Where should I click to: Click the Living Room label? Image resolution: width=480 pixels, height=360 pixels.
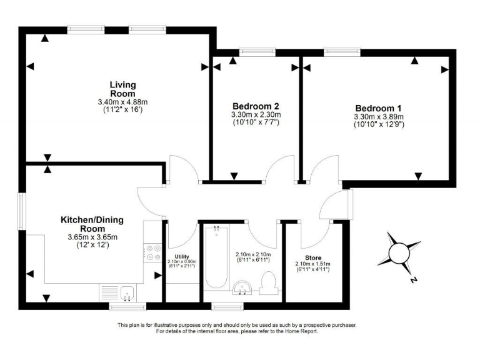[122, 89]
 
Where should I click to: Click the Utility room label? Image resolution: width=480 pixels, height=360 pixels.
[182, 256]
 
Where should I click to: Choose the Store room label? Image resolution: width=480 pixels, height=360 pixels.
[313, 257]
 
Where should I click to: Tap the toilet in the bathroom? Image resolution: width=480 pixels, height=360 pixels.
[269, 282]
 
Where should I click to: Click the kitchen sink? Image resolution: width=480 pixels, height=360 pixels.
[127, 292]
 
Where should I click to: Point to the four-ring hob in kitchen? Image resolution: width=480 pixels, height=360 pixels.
[152, 252]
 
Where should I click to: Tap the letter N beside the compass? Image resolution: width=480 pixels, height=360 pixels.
[412, 281]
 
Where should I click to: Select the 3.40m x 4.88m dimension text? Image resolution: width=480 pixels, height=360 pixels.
[122, 102]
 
